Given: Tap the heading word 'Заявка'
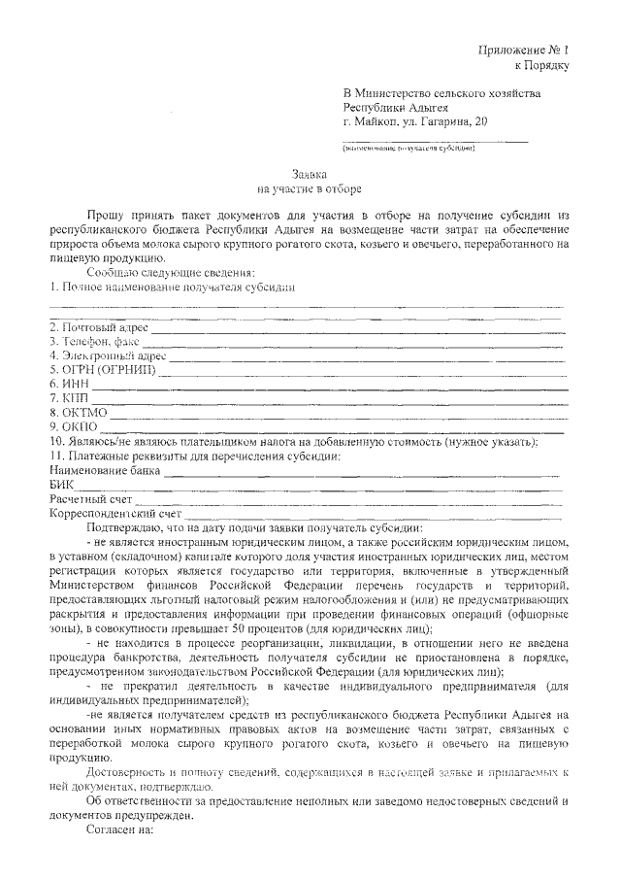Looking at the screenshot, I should coord(310,171).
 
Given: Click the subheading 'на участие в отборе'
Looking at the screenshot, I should coord(310,186).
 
